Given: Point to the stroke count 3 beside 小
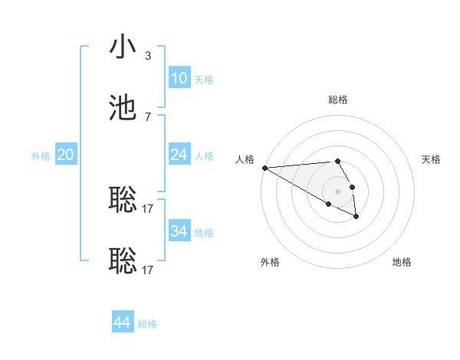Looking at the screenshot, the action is [148, 56].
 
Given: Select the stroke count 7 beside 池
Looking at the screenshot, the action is [148, 116].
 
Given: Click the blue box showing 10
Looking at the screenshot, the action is [179, 78].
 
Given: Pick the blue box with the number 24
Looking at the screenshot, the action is [179, 155].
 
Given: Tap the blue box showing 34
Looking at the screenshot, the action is [179, 231].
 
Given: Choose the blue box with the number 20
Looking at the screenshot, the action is [66, 155].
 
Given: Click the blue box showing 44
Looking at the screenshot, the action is [123, 323].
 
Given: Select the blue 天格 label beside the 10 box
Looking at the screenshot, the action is [204, 79].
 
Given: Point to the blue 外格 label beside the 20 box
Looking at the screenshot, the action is [41, 155].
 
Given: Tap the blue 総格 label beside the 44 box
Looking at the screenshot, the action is [147, 324].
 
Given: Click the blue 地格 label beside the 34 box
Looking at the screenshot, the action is [204, 232].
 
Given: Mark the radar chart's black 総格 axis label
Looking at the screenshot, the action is [338, 100].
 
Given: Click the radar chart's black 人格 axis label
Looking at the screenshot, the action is [245, 159].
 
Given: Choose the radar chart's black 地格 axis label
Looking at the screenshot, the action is [402, 262].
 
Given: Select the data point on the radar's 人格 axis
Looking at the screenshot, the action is [264, 168].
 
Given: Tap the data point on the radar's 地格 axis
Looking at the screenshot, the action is [356, 217].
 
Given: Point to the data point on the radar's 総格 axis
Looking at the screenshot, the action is [338, 161].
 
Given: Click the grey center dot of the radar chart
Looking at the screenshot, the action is [338, 191].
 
